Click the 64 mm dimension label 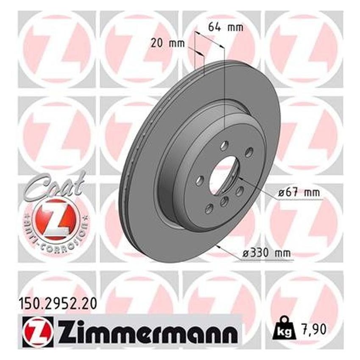pyautogui.click(x=225, y=27)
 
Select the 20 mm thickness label pyautogui.click(x=168, y=43)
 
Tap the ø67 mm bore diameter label pyautogui.click(x=299, y=192)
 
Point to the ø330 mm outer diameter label pyautogui.click(x=267, y=253)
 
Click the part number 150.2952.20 pyautogui.click(x=57, y=304)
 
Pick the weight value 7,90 pyautogui.click(x=313, y=330)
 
